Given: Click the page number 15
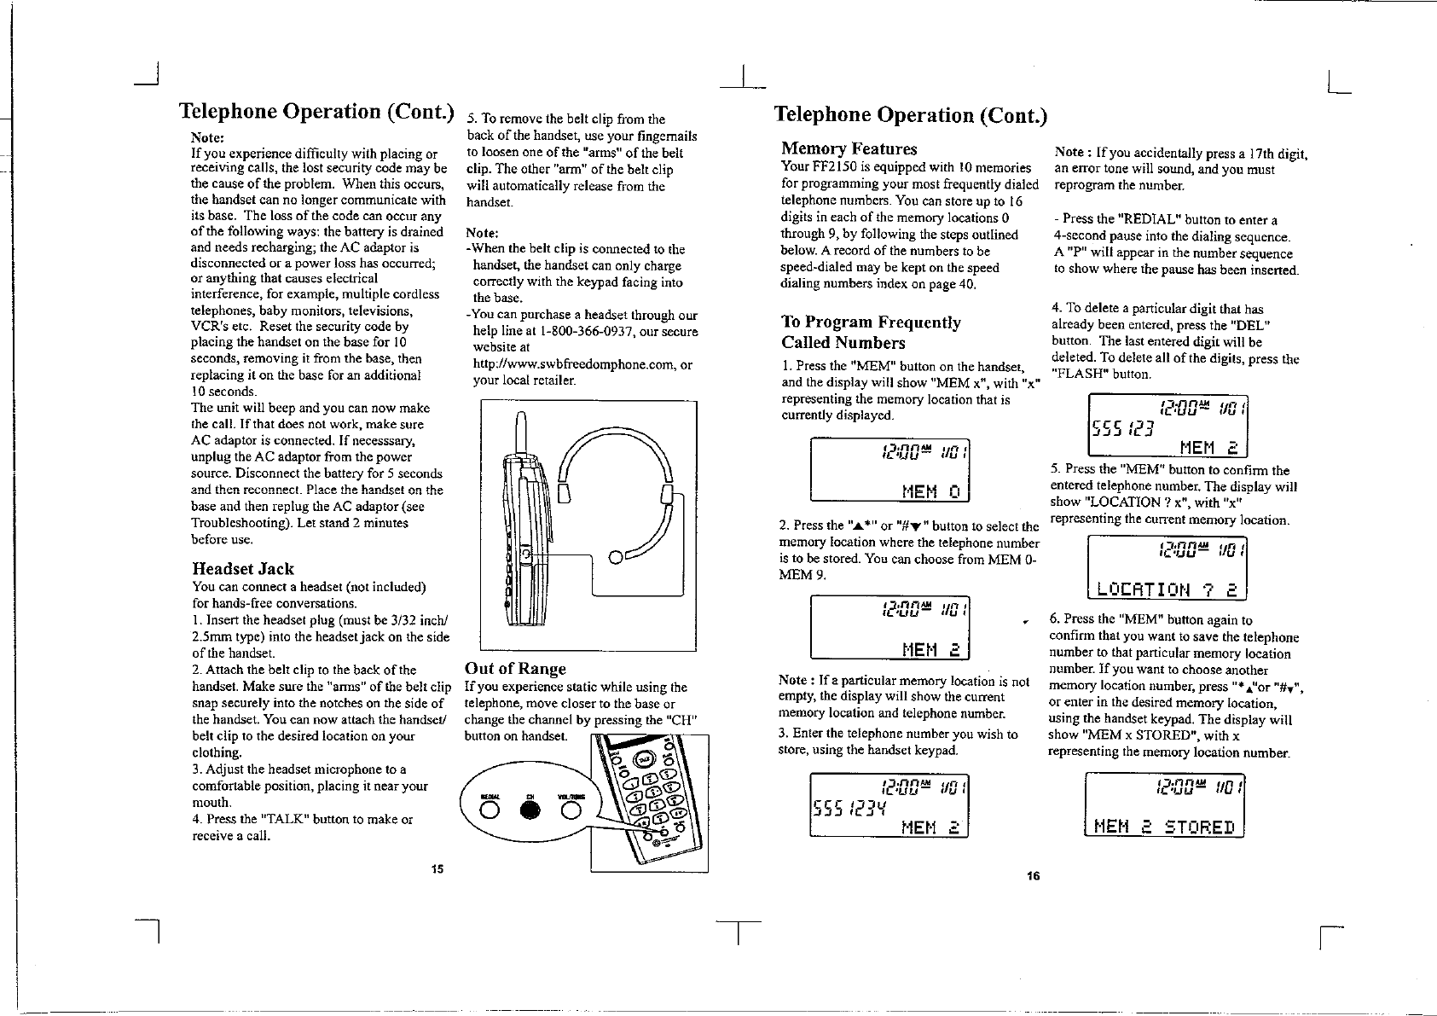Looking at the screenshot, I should pyautogui.click(x=437, y=869).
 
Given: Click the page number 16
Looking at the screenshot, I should pyautogui.click(x=1034, y=876).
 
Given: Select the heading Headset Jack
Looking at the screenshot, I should pyautogui.click(x=243, y=569).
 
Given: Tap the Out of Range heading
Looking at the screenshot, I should pyautogui.click(x=515, y=669).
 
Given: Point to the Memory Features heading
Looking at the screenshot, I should pyautogui.click(x=849, y=149).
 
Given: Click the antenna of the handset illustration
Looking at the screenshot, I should pyautogui.click(x=521, y=433).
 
